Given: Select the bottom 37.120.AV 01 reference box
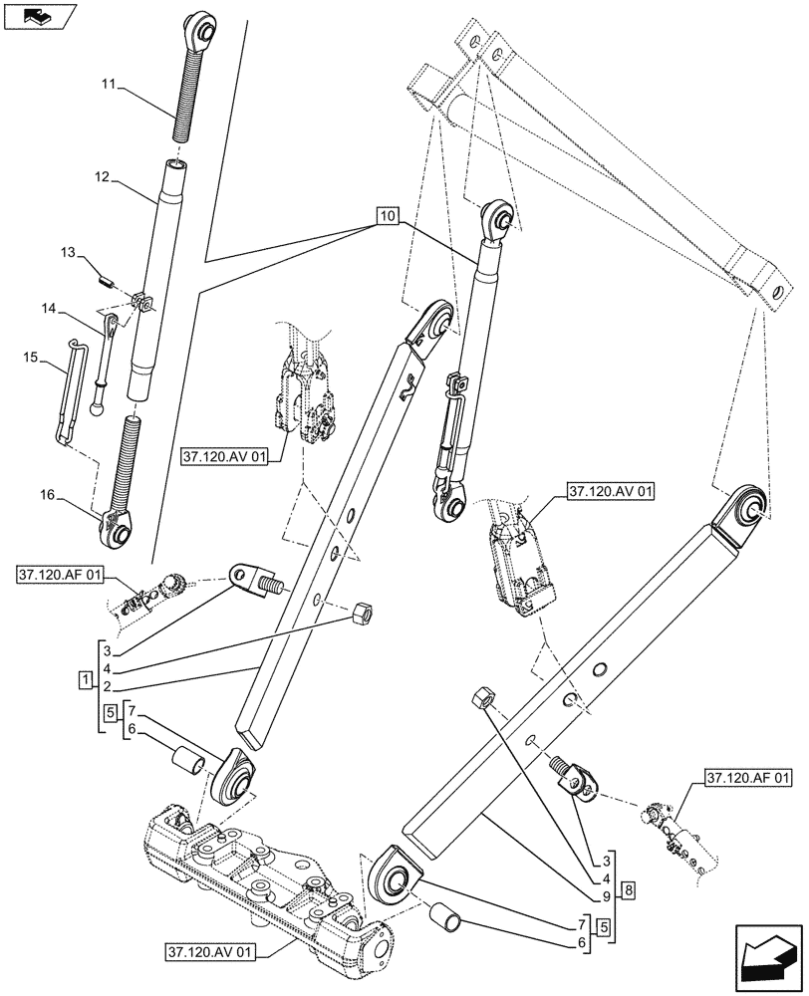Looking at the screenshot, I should coord(210,953).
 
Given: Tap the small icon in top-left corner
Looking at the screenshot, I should coord(38,15).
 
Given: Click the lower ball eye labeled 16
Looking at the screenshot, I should coord(118,528).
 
